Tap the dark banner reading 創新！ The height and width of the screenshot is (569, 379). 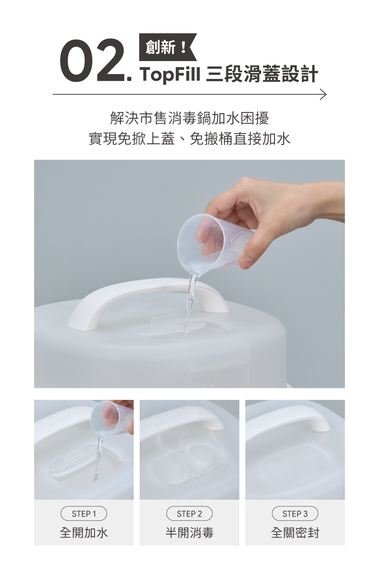point(168,47)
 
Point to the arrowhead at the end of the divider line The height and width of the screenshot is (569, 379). point(323,94)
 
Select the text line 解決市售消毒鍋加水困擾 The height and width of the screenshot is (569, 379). point(189,118)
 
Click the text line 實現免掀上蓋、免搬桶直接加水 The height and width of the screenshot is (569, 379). point(189,139)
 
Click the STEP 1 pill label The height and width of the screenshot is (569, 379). point(84,514)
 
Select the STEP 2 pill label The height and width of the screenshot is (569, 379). point(189,514)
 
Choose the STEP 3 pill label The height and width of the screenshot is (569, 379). point(295,514)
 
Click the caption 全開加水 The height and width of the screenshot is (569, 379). point(84,533)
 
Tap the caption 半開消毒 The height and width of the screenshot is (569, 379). point(189,533)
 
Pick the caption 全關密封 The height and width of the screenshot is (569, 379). point(295,533)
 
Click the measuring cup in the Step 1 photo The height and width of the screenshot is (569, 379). point(112,419)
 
